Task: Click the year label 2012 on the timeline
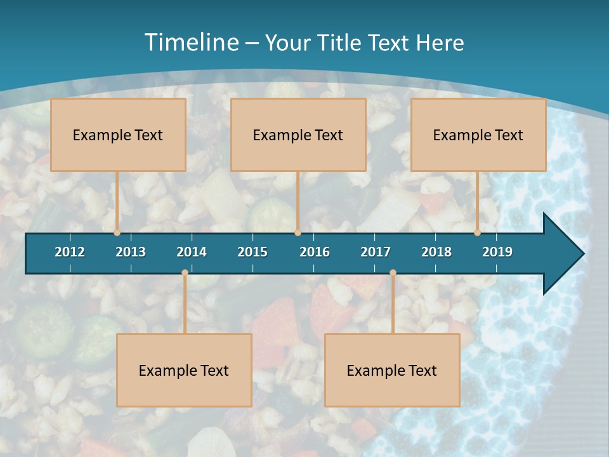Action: coord(70,252)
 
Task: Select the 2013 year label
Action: coord(131,252)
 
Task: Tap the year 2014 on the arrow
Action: coord(192,252)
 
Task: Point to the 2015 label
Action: coord(252,252)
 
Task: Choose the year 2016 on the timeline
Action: coord(315,252)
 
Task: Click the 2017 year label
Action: coord(376,252)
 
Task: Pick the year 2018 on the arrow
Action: coord(436,252)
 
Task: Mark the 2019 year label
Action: coord(497,252)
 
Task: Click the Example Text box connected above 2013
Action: coord(118,135)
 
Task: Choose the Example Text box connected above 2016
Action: coord(298,135)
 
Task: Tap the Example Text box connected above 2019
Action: coord(478,135)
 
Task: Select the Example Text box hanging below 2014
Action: coord(184,370)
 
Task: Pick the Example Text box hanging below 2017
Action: coord(392,370)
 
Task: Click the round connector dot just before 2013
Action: coord(117,233)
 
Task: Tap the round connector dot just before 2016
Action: coord(298,233)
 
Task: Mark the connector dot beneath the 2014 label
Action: coord(185,273)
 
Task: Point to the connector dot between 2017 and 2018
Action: coord(393,273)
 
